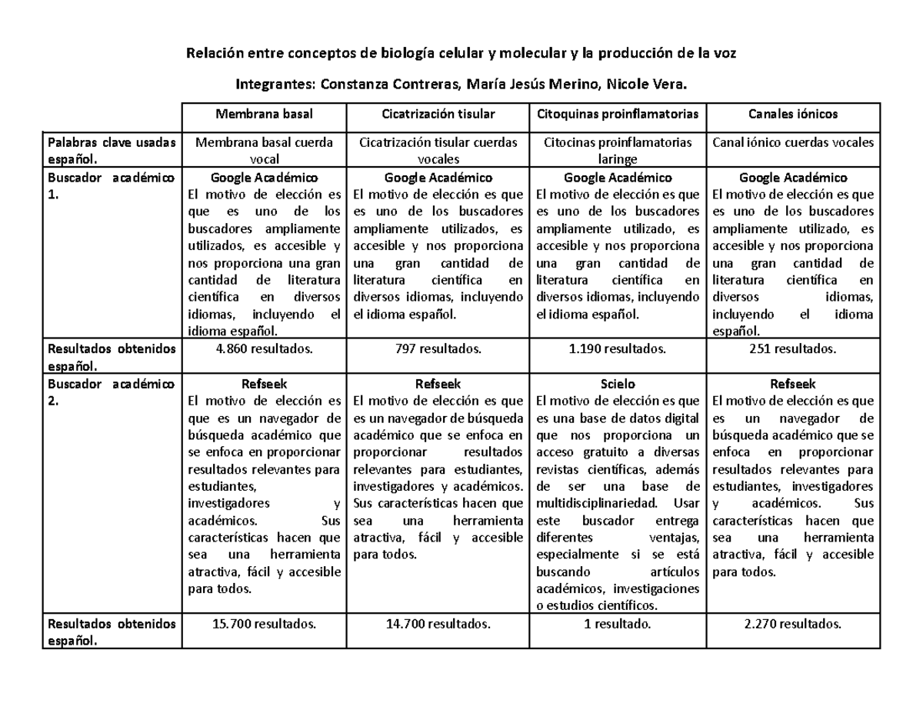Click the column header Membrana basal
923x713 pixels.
264,114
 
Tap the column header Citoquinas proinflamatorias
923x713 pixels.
618,114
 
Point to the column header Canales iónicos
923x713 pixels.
793,114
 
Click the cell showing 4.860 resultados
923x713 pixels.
264,348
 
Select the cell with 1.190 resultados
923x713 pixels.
618,348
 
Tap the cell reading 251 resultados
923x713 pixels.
793,348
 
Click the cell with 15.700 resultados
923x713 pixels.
264,624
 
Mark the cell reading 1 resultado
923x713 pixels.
618,624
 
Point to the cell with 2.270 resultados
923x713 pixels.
793,624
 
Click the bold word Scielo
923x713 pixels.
618,383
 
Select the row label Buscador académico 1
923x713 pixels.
111,186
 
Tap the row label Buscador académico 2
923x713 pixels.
111,391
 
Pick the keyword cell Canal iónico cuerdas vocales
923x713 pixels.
793,142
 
